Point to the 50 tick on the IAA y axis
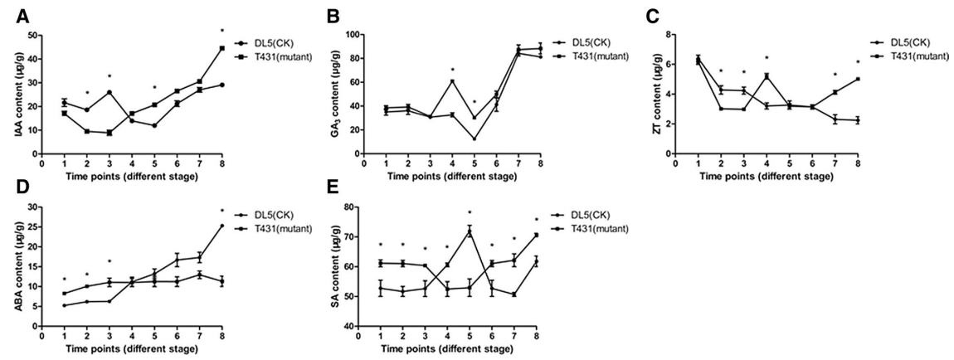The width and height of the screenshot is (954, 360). tap(37, 36)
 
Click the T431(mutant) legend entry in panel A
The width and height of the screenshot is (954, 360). tap(270, 56)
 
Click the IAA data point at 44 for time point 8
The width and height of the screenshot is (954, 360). tap(222, 48)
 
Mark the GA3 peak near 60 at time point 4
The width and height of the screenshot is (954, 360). tap(452, 81)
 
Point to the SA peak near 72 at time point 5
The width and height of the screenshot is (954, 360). tap(469, 231)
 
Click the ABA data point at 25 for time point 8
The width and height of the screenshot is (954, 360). tap(222, 226)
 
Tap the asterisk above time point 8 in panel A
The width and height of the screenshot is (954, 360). tap(222, 32)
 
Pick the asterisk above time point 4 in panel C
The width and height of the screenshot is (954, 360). tap(766, 58)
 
